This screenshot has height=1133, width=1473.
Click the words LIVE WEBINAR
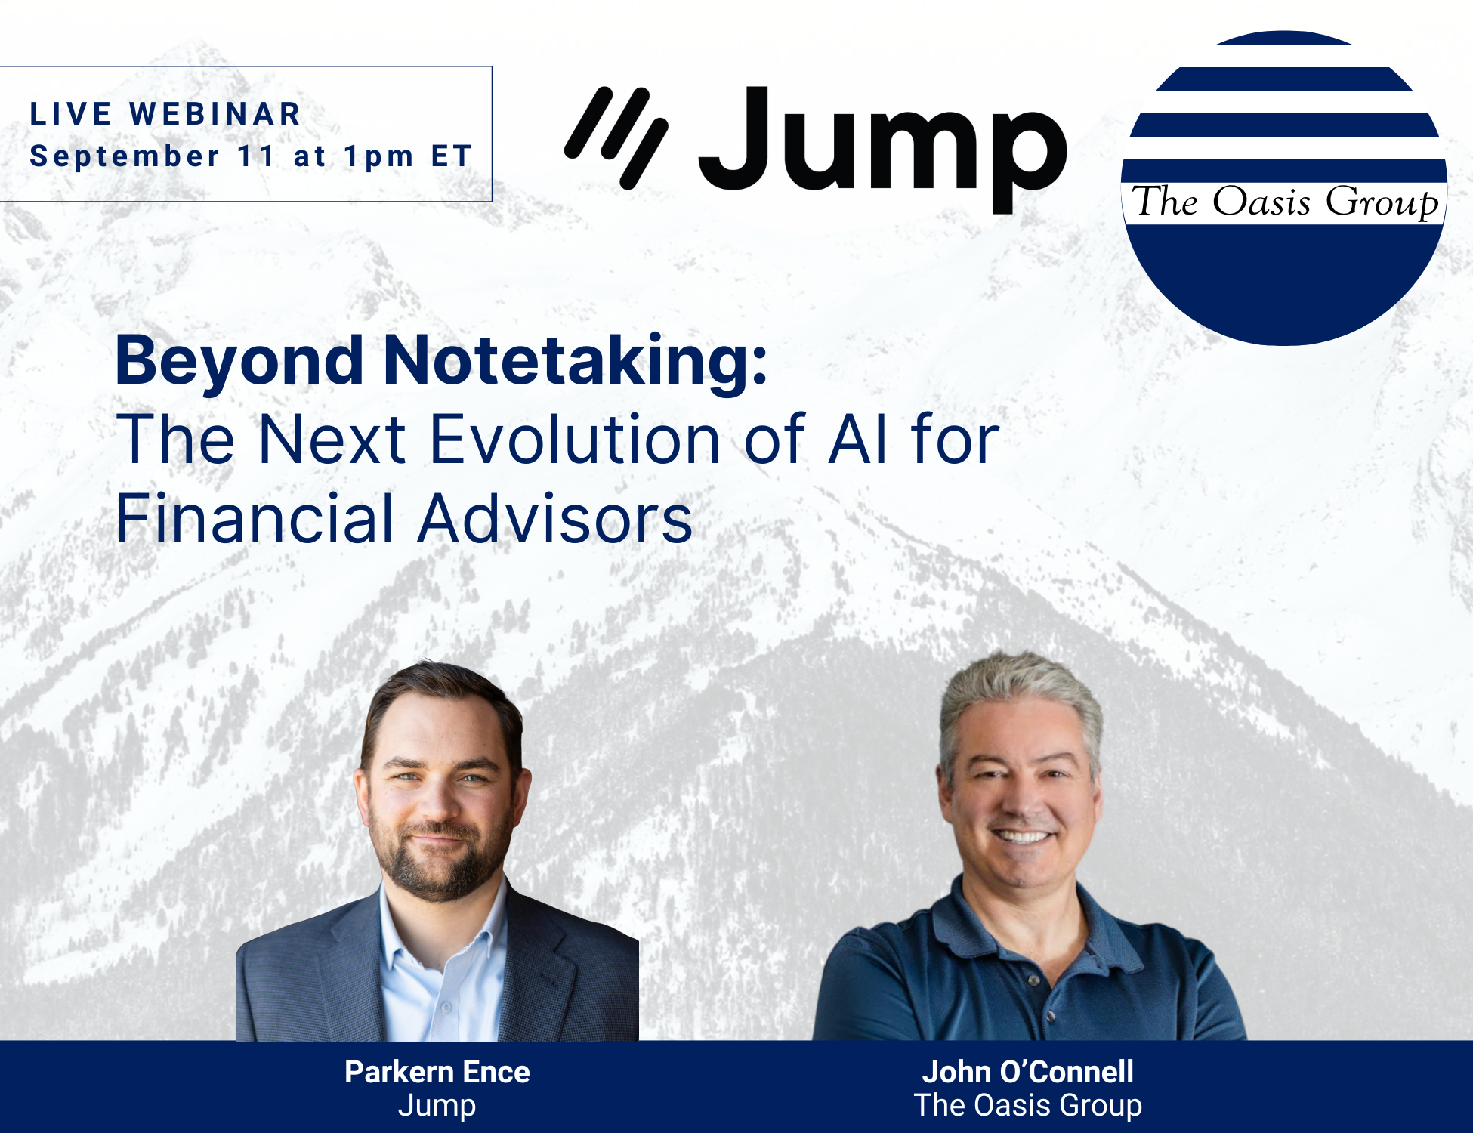165,114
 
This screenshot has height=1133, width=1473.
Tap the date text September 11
152,156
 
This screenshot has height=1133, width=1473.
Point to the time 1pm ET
408,156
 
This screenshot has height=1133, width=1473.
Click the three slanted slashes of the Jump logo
616,137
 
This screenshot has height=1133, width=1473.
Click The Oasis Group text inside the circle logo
1284,202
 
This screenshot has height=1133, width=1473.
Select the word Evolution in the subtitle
574,440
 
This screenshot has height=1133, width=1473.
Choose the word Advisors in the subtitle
555,519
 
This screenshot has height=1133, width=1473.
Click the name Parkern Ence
437,1072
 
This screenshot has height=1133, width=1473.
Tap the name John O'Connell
1027,1072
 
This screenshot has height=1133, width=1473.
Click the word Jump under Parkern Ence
437,1106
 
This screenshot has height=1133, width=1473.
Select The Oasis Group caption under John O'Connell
1027,1105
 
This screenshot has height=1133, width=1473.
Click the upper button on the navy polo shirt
1034,980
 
